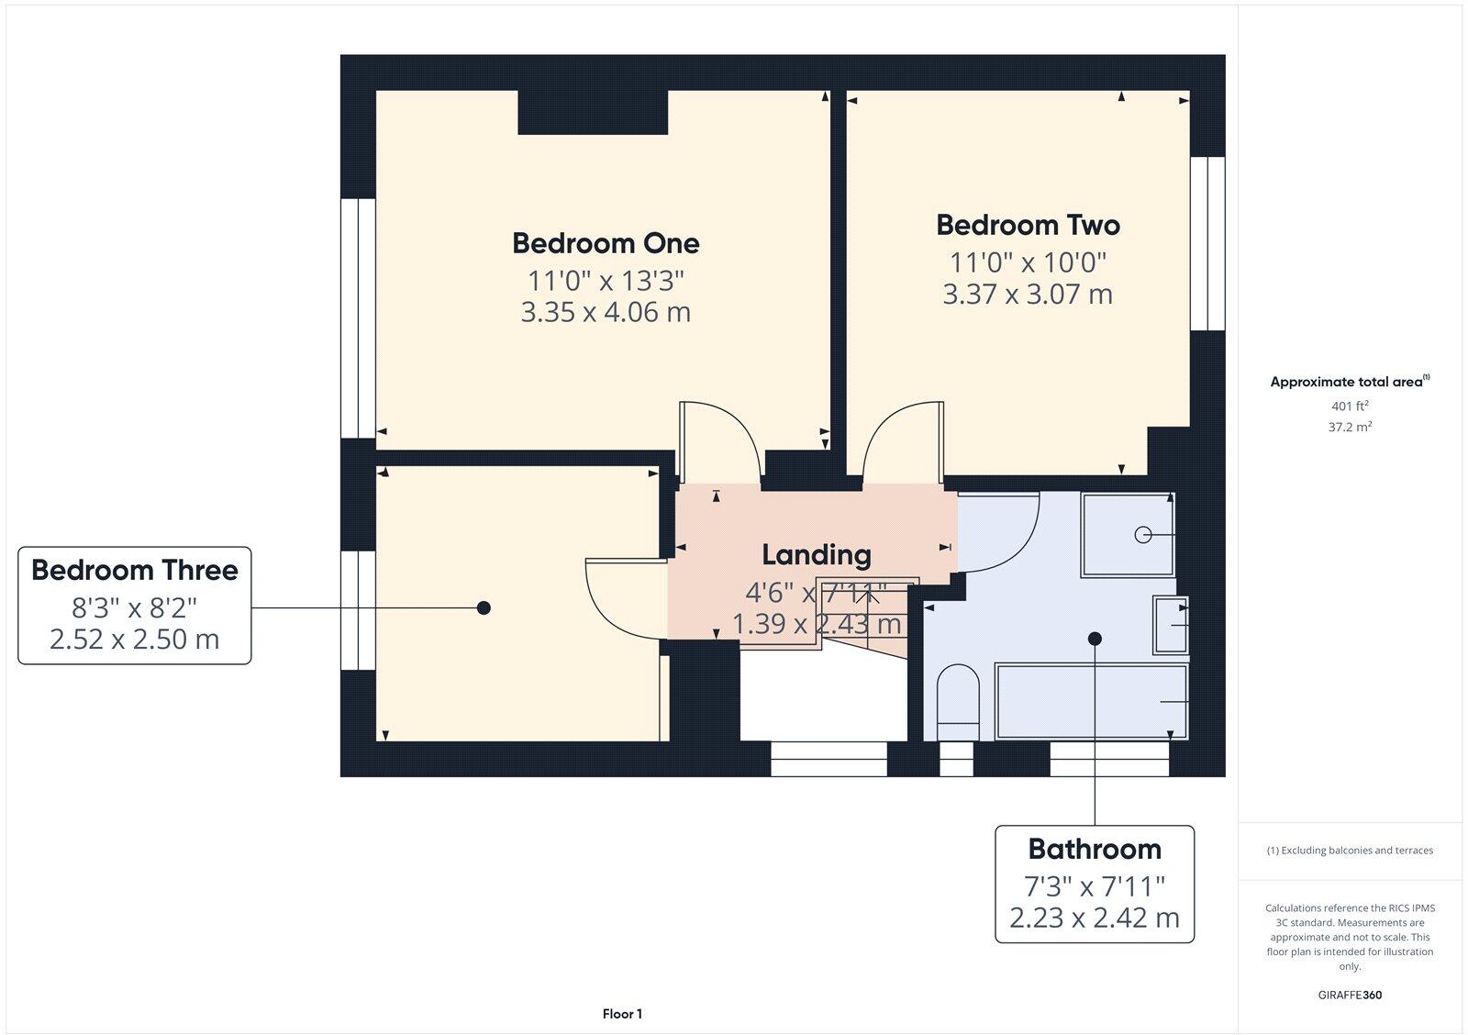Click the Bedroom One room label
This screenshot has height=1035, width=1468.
coord(606,243)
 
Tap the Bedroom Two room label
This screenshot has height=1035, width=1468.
coord(1028,225)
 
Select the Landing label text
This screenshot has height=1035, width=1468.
coord(817,554)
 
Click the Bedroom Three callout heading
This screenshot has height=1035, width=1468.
coord(135,570)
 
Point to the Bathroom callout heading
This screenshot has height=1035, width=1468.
coord(1095,849)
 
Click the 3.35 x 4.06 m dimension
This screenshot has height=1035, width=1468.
coord(606,312)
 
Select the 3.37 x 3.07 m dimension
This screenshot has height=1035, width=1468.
coord(1028,295)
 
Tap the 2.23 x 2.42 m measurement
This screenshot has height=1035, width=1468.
coord(1095,918)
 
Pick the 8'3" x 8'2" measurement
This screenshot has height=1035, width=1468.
coord(135,607)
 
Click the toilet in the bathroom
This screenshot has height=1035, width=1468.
coord(958,702)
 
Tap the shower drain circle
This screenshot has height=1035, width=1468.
coord(1142,534)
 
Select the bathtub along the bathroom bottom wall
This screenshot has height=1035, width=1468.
coord(1092,702)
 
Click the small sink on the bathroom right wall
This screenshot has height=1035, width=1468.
coord(1170,625)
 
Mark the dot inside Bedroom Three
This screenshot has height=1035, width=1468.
coord(484,607)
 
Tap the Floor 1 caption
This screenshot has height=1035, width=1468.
coord(622,1014)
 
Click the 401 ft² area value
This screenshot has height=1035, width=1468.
coord(1350,406)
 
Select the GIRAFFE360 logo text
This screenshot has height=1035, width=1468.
coord(1350,995)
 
